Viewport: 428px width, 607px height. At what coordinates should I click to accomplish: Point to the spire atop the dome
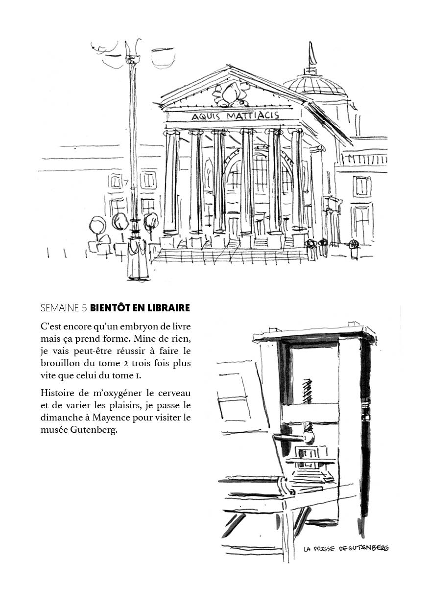click(x=311, y=55)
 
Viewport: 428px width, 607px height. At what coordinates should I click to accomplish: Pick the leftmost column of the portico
click(x=171, y=181)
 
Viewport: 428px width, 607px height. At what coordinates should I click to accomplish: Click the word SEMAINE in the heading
click(x=60, y=308)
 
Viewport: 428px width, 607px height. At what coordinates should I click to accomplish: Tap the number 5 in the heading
click(x=84, y=308)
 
